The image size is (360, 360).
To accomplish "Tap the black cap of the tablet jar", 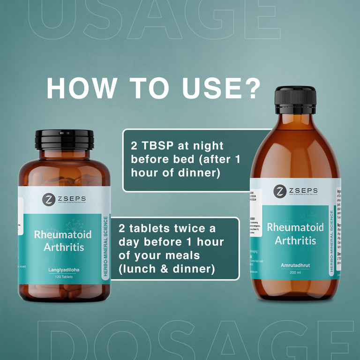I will pos(65,140).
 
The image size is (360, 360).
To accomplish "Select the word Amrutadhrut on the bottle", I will pos(295,265).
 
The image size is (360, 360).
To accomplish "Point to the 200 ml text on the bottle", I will pos(295,272).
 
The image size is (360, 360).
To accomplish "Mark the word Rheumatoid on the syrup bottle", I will pos(295,227).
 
